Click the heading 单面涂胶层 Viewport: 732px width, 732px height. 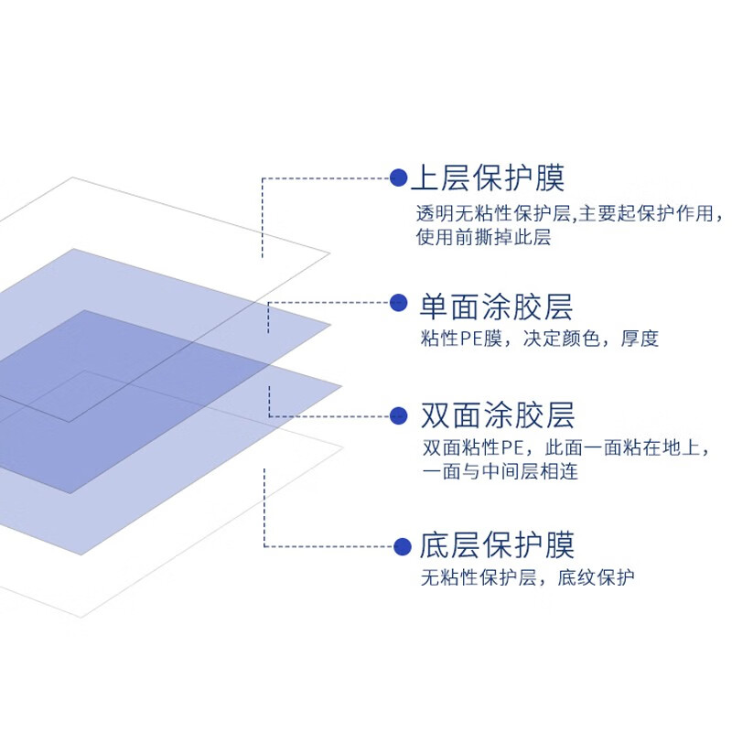[x=496, y=306]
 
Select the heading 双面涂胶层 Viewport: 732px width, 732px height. [x=496, y=416]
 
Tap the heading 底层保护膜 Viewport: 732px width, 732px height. [x=496, y=546]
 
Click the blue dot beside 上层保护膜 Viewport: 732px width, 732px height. [x=398, y=178]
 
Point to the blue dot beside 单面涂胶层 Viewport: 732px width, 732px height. [x=398, y=303]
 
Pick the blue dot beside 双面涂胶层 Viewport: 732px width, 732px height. [x=398, y=416]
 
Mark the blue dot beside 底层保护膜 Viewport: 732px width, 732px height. [x=403, y=547]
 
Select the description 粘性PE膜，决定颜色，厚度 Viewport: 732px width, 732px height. [x=539, y=339]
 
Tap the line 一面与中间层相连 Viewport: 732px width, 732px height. [x=500, y=472]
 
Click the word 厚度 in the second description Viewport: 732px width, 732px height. [x=640, y=339]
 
